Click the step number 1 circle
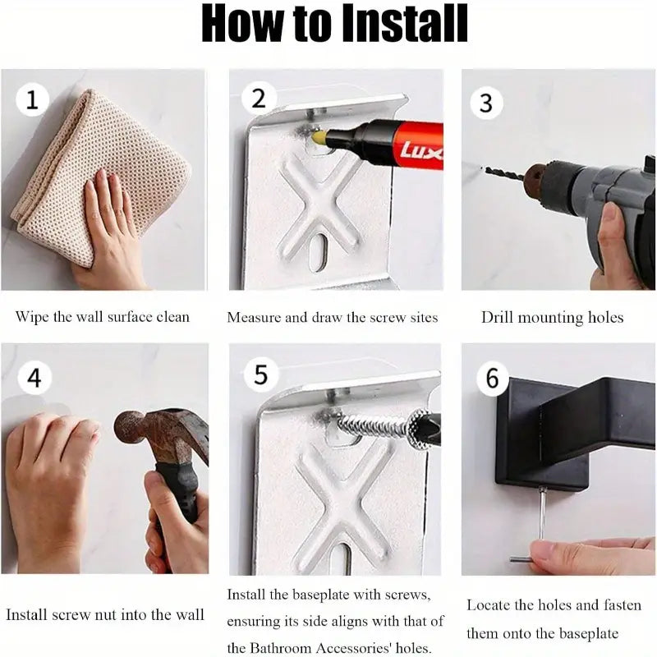click(32, 100)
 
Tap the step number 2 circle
click(259, 98)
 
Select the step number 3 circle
click(486, 103)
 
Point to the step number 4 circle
click(34, 378)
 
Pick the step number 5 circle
click(261, 374)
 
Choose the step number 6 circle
click(493, 378)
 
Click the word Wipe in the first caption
click(32, 316)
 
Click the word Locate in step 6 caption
click(488, 605)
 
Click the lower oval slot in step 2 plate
click(318, 252)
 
